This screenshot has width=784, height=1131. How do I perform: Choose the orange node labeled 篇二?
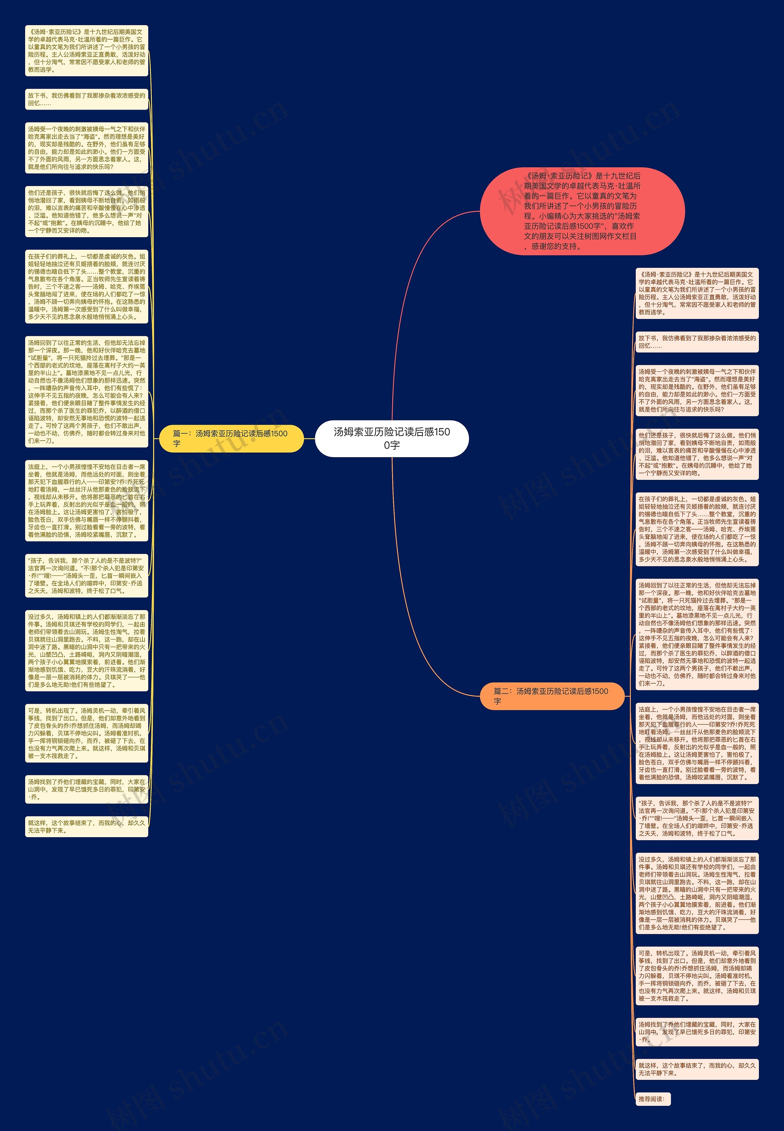pyautogui.click(x=552, y=696)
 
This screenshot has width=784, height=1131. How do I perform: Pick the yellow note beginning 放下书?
pyautogui.click(x=86, y=99)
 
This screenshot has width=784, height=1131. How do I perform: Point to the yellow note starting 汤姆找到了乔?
pyautogui.click(x=86, y=789)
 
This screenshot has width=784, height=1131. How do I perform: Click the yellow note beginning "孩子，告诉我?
pyautogui.click(x=86, y=575)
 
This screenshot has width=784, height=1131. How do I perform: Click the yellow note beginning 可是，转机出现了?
pyautogui.click(x=86, y=733)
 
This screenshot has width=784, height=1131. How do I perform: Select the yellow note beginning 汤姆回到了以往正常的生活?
pyautogui.click(x=86, y=392)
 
